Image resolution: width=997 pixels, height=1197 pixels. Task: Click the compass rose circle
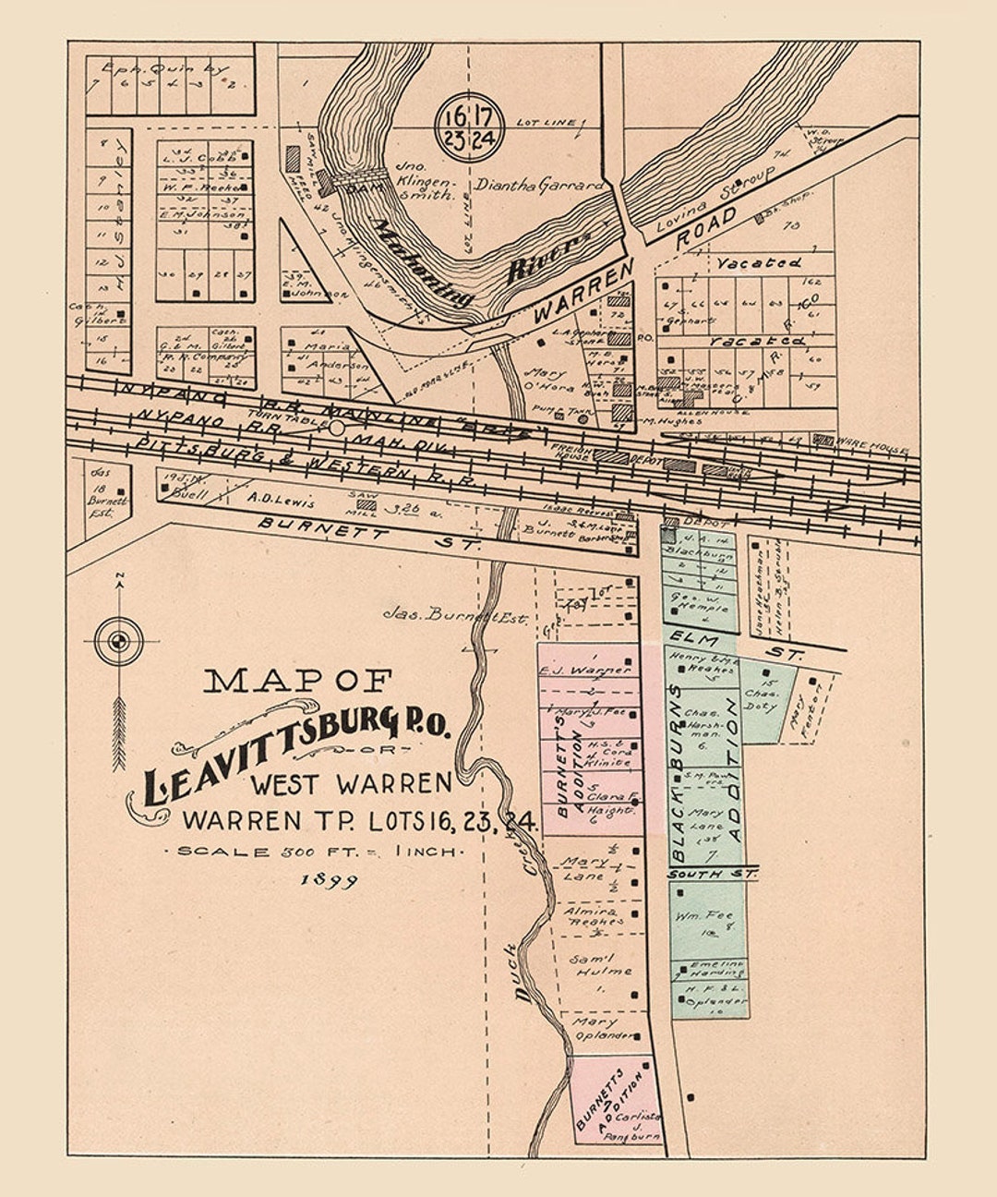point(119,640)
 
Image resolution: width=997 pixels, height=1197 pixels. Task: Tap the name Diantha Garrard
point(538,186)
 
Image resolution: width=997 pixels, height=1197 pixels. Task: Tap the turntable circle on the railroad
point(337,428)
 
